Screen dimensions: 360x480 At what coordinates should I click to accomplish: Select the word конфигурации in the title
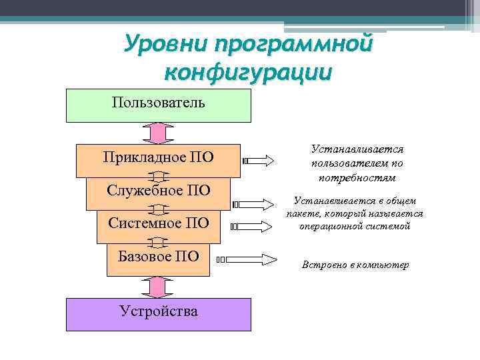pos(247,71)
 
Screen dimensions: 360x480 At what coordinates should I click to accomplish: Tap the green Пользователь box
pos(159,105)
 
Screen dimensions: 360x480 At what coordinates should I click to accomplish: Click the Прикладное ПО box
pos(159,159)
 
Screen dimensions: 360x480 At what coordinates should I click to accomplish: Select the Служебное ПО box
pos(159,192)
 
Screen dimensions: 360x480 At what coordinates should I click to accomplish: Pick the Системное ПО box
pos(159,223)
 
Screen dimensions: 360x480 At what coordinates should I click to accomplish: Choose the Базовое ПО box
pos(159,257)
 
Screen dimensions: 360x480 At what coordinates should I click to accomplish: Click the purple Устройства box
pos(159,313)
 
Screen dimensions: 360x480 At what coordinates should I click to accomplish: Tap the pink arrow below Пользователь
pos(159,133)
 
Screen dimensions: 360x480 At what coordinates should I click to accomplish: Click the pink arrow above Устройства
pos(159,287)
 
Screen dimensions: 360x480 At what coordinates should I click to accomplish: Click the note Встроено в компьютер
pos(355,265)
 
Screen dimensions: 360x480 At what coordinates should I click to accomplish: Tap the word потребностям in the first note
pos(357,179)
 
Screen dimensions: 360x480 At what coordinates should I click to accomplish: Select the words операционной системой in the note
pos(355,226)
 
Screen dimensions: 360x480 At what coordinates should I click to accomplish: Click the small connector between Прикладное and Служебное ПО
pos(159,177)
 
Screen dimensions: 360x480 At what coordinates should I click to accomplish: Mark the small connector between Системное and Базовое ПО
pos(159,241)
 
